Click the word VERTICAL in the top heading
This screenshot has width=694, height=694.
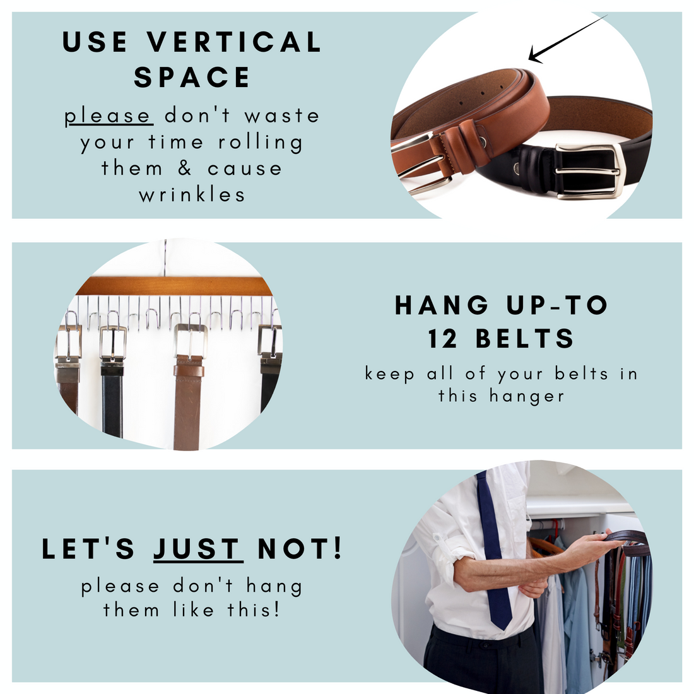[x=234, y=42]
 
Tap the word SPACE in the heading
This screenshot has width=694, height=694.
[x=192, y=77]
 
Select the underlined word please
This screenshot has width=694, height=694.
[x=107, y=116]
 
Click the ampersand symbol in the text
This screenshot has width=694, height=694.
[x=185, y=168]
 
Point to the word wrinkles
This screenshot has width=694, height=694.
[x=192, y=194]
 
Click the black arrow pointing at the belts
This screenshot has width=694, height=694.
[x=568, y=38]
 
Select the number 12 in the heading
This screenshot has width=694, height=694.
[x=443, y=339]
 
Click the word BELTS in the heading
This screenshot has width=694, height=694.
[x=525, y=339]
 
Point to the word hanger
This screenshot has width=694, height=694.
[x=527, y=396]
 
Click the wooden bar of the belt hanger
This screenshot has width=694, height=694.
[x=174, y=286]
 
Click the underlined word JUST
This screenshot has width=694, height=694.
[x=197, y=549]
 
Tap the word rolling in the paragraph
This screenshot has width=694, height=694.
[x=261, y=143]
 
